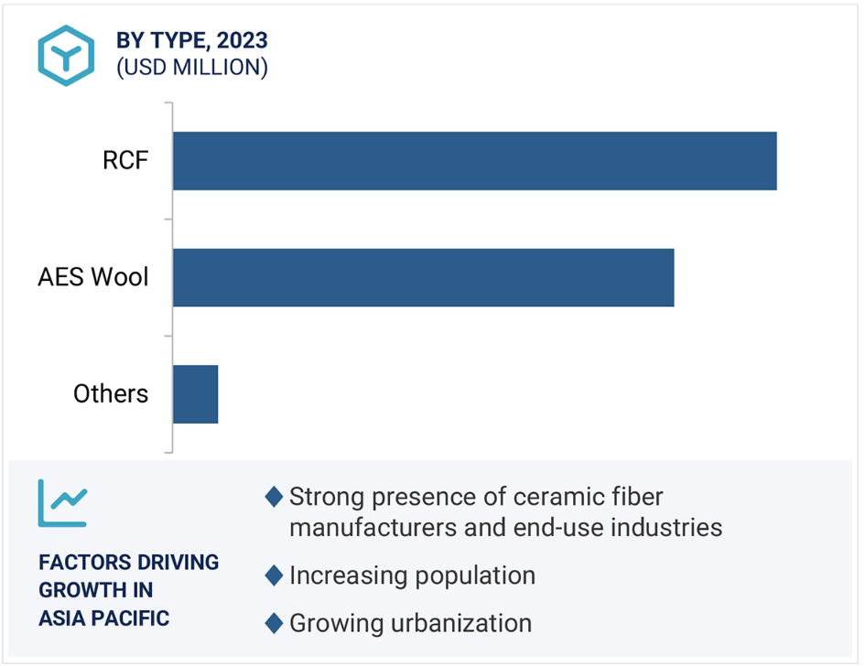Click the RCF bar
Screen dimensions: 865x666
(x=475, y=161)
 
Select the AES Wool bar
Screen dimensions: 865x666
(x=424, y=277)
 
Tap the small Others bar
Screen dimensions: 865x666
(x=195, y=394)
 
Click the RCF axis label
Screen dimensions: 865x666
(x=125, y=160)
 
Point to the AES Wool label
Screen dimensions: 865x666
(x=92, y=277)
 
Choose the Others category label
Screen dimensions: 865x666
(x=111, y=393)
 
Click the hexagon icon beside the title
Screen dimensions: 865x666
(x=66, y=56)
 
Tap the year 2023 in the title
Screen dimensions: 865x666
(x=243, y=40)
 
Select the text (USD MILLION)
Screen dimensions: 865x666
(x=192, y=68)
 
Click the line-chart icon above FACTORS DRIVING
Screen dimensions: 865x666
(x=62, y=503)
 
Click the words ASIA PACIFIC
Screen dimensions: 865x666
(x=103, y=618)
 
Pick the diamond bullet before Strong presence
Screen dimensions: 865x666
(x=274, y=496)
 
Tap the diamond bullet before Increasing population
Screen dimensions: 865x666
(x=274, y=575)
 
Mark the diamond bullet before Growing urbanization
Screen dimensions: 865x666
(x=274, y=623)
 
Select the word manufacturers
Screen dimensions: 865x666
(x=373, y=528)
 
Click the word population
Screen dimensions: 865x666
(x=475, y=576)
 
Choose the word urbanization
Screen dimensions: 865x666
(x=461, y=624)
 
